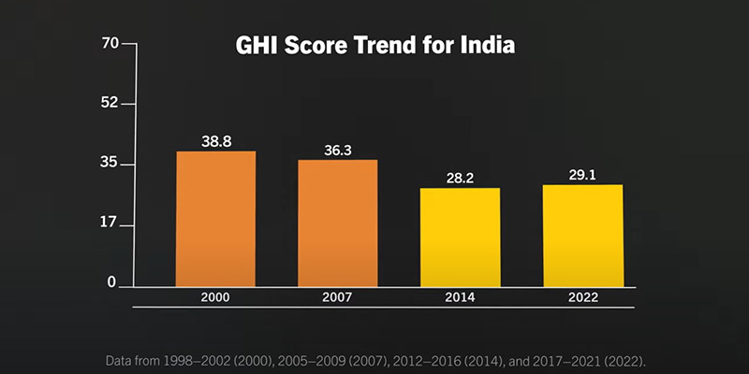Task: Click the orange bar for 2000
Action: click(215, 219)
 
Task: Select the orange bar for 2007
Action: click(338, 223)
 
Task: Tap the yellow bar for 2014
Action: click(461, 237)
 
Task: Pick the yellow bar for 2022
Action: click(582, 236)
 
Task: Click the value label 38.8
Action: click(216, 141)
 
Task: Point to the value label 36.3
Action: click(338, 150)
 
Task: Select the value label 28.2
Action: click(461, 178)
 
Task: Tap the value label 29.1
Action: click(582, 175)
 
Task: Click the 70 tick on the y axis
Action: click(110, 43)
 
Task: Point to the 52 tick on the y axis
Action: click(110, 103)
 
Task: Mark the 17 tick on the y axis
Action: click(110, 223)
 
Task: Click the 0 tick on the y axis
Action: click(113, 282)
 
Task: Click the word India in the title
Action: click(487, 46)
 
